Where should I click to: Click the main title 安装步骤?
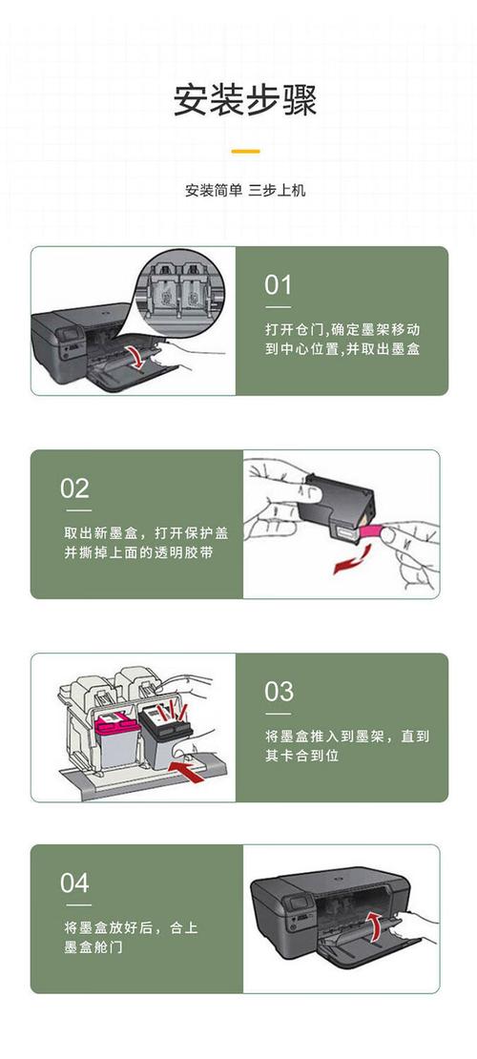point(244,100)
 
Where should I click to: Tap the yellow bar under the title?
point(245,151)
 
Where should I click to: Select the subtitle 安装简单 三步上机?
point(245,190)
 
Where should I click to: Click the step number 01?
point(279,284)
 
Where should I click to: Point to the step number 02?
point(74,488)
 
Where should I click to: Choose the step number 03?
point(279,692)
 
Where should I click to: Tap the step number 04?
point(74,883)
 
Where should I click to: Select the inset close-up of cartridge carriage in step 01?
point(181,292)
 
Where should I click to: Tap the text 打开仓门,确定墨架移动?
point(342,328)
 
